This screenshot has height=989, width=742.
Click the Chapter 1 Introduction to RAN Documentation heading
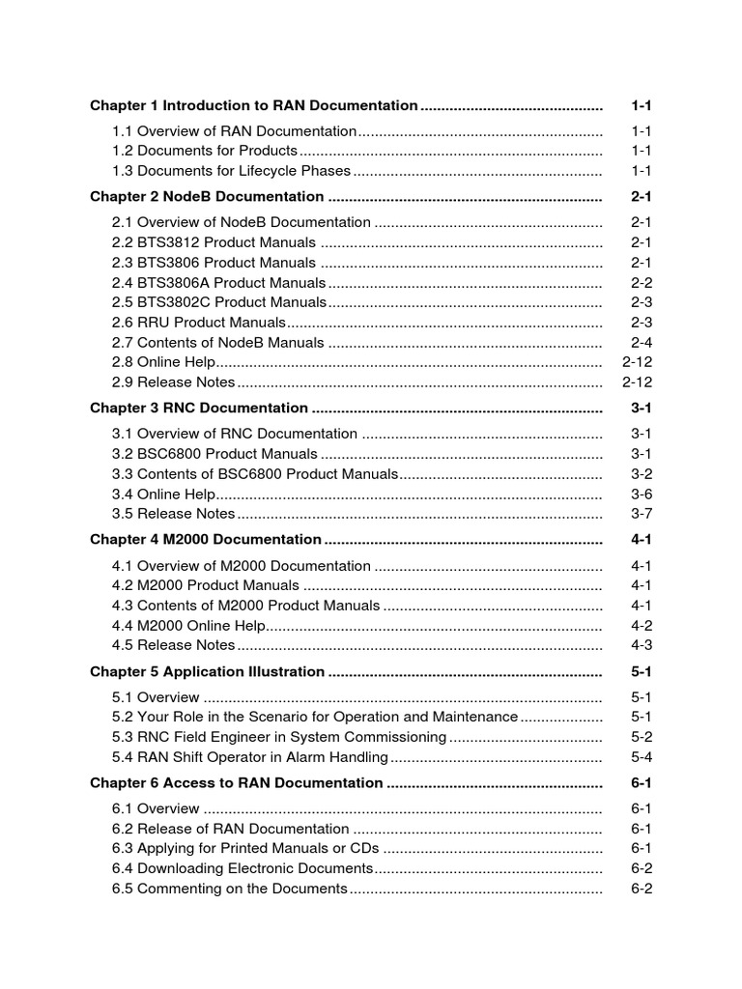(x=253, y=105)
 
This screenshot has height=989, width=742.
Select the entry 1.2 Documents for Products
(x=205, y=151)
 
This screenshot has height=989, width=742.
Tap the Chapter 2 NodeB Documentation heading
(x=207, y=197)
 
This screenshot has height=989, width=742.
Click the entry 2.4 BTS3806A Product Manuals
(x=219, y=283)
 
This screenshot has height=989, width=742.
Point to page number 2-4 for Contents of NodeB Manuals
(x=642, y=343)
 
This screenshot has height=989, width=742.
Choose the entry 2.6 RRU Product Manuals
(x=199, y=323)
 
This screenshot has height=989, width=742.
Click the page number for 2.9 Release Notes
(x=638, y=382)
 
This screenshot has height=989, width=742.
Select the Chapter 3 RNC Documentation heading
(x=199, y=409)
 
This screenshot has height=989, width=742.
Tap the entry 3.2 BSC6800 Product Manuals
(x=214, y=454)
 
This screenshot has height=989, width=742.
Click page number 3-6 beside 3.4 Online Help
(x=642, y=494)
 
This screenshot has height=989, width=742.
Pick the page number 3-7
(x=642, y=513)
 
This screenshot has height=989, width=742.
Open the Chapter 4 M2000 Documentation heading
(x=206, y=540)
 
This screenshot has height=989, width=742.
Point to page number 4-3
(x=642, y=645)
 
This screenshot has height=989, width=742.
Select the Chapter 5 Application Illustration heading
(x=207, y=672)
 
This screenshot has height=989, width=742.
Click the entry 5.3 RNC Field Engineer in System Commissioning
(x=279, y=737)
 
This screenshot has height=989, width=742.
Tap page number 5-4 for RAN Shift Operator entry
(x=642, y=757)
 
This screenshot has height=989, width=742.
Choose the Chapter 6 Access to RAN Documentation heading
(x=237, y=783)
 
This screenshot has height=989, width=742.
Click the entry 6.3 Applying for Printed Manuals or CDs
(x=245, y=849)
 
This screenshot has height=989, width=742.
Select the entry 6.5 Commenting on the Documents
(x=229, y=889)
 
